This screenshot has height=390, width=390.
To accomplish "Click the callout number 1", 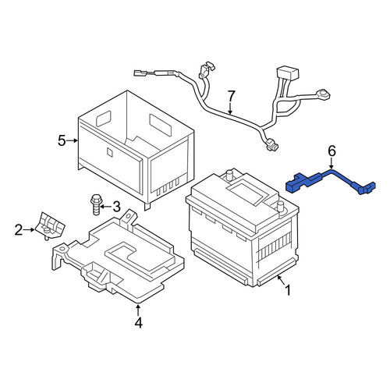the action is [288, 290].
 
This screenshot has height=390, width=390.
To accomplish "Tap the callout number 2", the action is [19, 230].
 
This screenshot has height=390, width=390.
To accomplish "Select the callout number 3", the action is [116, 207].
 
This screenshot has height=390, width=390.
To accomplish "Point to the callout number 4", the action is [139, 323].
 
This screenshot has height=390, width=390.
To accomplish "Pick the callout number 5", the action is [62, 140].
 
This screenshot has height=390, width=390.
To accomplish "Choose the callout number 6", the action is [331, 151].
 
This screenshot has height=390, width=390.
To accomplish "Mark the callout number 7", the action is [231, 96].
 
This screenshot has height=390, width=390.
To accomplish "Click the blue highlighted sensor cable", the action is [330, 181].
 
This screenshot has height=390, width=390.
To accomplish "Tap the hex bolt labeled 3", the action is [96, 204].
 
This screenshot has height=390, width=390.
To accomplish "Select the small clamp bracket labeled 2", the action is [50, 225].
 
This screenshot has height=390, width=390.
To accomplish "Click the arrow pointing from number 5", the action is [72, 140].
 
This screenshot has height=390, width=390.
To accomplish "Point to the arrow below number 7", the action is [231, 108].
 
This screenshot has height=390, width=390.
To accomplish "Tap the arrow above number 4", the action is [138, 310].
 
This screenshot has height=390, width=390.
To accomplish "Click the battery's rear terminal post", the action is [229, 175].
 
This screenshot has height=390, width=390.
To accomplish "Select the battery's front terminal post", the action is [280, 207].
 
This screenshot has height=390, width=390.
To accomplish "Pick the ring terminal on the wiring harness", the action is [322, 94].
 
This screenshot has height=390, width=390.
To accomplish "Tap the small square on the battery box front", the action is [110, 152].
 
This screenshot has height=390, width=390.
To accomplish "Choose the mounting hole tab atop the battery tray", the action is [129, 217].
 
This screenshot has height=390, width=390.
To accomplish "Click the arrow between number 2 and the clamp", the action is [29, 229].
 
